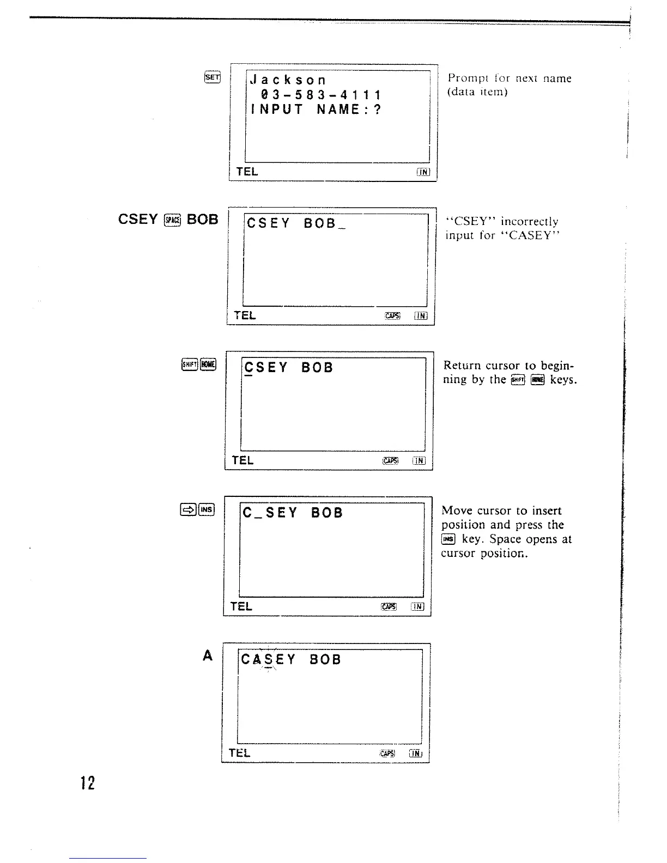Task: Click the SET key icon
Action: click(x=213, y=77)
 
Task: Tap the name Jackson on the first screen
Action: click(x=288, y=81)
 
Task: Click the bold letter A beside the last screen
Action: click(x=207, y=656)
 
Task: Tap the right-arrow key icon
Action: click(x=188, y=509)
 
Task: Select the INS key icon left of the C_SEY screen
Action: click(x=207, y=509)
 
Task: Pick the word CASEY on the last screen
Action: click(x=268, y=660)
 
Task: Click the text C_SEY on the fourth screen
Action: click(x=270, y=513)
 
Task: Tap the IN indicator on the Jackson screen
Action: click(x=423, y=172)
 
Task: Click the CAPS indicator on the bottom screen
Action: click(x=387, y=753)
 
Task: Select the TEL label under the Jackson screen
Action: click(x=247, y=172)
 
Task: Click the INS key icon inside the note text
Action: click(x=448, y=539)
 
